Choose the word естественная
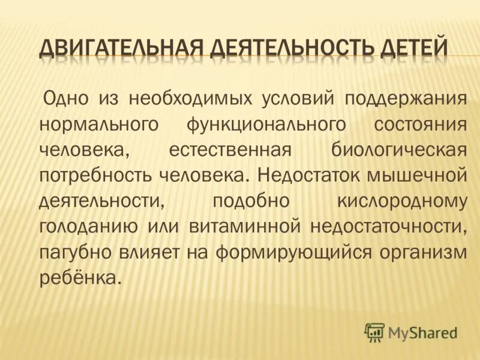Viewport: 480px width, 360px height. click(232, 150)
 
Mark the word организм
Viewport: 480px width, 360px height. click(423, 253)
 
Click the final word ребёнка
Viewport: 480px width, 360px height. click(76, 278)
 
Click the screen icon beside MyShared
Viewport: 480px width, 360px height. click(374, 332)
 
